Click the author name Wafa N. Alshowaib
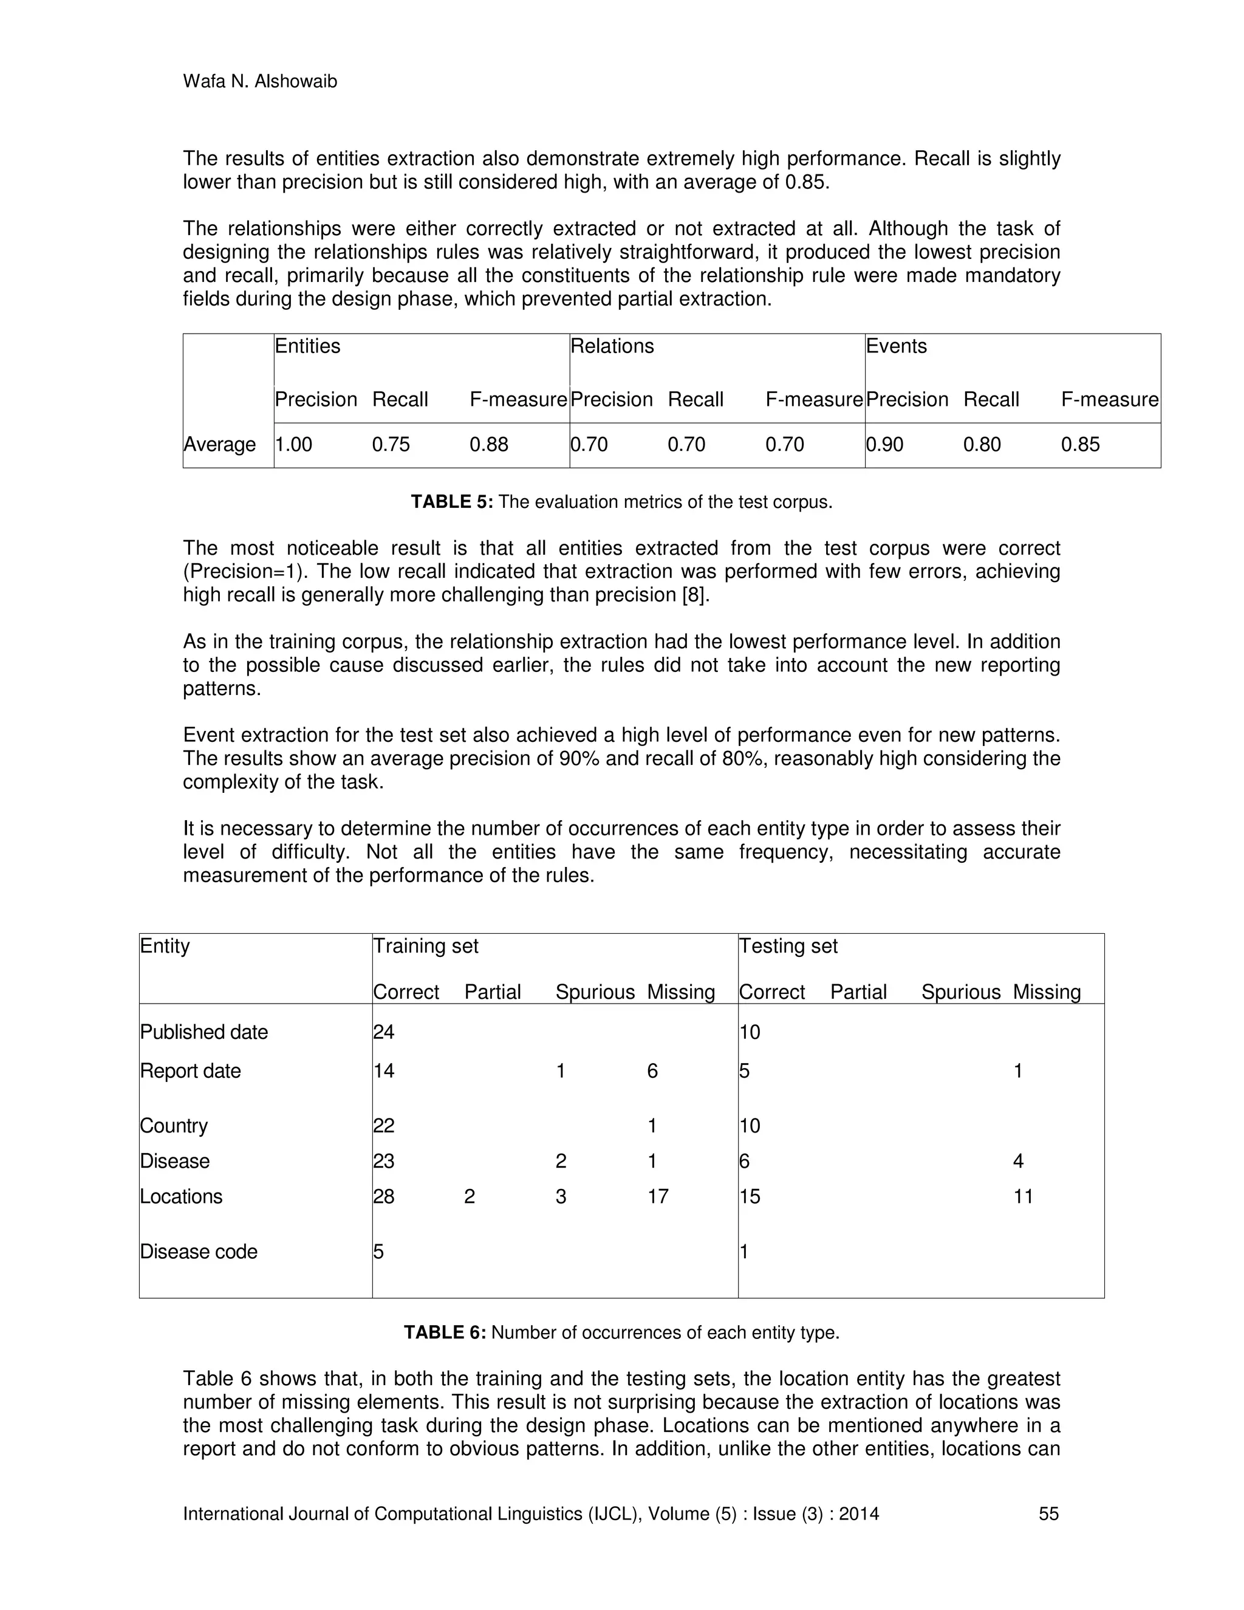259,82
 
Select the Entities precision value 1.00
293,445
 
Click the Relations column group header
612,346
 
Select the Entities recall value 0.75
391,445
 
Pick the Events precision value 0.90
884,445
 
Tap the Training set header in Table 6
425,946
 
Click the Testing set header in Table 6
788,946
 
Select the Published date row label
203,1032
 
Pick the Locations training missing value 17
657,1196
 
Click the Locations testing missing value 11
1023,1196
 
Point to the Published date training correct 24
383,1032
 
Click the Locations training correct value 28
383,1196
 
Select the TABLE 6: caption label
445,1332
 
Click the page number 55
1048,1514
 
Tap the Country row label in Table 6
174,1126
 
